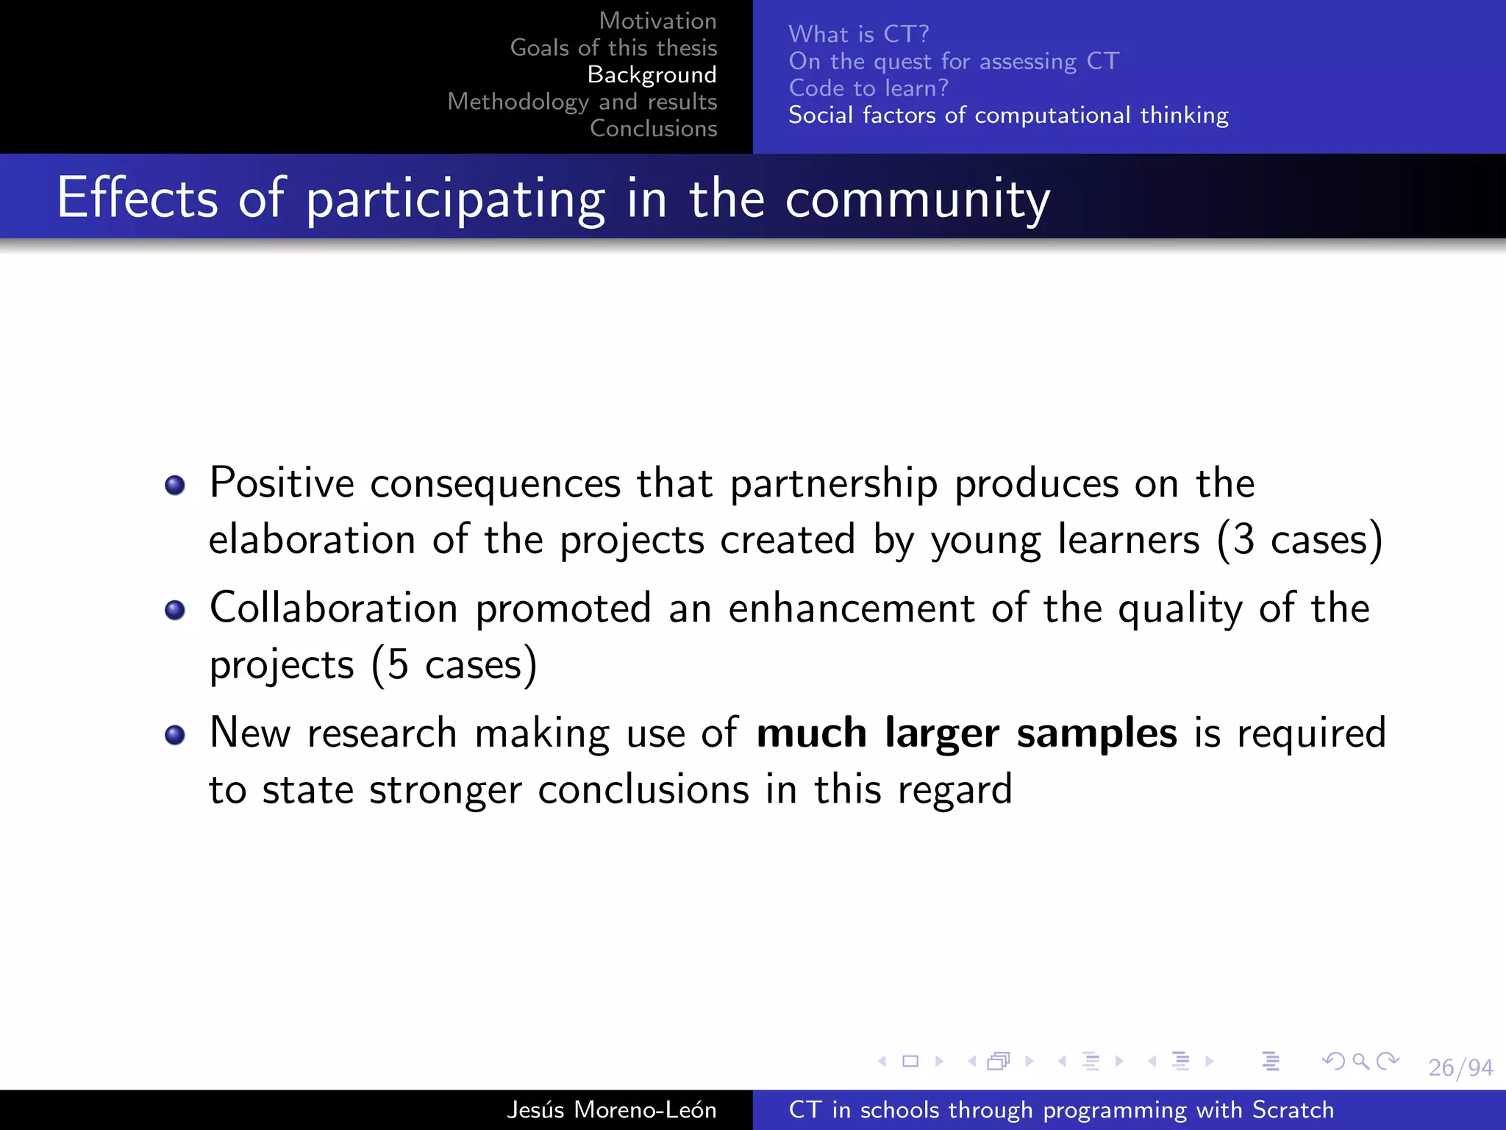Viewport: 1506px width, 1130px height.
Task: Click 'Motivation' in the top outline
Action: pyautogui.click(x=657, y=21)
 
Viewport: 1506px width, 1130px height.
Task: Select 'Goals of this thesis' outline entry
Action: pyautogui.click(x=613, y=48)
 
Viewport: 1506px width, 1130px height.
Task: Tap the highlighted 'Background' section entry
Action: pyautogui.click(x=652, y=74)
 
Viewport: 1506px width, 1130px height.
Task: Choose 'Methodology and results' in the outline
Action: pyautogui.click(x=582, y=102)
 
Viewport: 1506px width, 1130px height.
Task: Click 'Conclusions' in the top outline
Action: pyautogui.click(x=653, y=128)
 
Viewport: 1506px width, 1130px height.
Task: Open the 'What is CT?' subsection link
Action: pyautogui.click(x=858, y=34)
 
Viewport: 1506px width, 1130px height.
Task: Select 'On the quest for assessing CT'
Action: pyautogui.click(x=953, y=61)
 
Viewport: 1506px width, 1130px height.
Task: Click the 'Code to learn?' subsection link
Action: pyautogui.click(x=868, y=88)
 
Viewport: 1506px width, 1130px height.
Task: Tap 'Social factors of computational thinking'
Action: pyautogui.click(x=1007, y=116)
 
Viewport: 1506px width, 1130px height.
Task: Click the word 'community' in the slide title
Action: pyautogui.click(x=917, y=199)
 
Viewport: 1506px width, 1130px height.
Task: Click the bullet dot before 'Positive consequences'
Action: pyautogui.click(x=175, y=486)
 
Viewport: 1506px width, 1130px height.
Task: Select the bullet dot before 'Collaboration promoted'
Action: pyautogui.click(x=175, y=610)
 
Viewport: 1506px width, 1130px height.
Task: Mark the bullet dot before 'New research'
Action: pyautogui.click(x=175, y=735)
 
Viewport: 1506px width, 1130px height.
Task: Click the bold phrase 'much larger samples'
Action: pyautogui.click(x=966, y=733)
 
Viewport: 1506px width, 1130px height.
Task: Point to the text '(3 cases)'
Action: pyautogui.click(x=1299, y=539)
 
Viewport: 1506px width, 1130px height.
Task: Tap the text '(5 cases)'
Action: pyautogui.click(x=454, y=664)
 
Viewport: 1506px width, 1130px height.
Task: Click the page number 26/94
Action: pyautogui.click(x=1460, y=1067)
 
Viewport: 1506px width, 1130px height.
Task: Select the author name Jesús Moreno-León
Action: pyautogui.click(x=611, y=1109)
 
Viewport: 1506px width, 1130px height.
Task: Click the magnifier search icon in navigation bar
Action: pyautogui.click(x=1360, y=1061)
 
